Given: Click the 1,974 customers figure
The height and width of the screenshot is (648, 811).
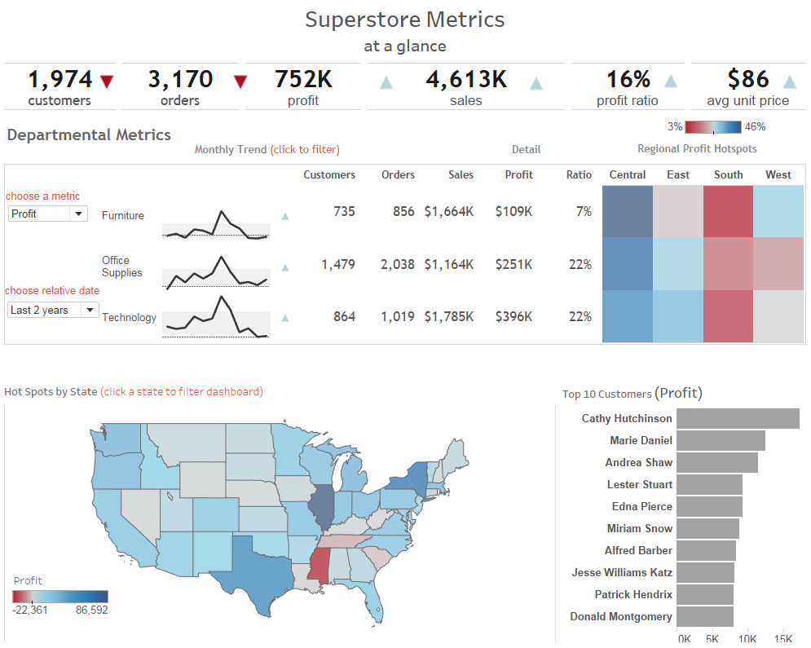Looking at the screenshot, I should (x=60, y=80).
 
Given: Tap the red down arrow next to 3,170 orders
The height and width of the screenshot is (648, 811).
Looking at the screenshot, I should (x=240, y=82).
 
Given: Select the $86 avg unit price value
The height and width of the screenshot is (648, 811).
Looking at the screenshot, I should (x=748, y=80).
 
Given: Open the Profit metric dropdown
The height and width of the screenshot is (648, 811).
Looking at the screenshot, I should (x=47, y=214).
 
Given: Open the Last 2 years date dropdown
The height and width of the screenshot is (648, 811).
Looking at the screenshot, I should (x=53, y=310).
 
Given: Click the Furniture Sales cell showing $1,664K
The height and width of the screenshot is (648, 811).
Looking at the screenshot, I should (x=448, y=212).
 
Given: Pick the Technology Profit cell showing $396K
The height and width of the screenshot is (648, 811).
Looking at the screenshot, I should (x=513, y=316).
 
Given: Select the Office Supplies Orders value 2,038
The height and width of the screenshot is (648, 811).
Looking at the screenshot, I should (x=398, y=264).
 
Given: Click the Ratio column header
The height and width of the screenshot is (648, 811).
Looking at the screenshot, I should (x=579, y=174).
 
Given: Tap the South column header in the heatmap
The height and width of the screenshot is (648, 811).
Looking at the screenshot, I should (x=728, y=174).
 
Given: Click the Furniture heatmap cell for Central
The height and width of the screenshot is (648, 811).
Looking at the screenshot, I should (x=628, y=212).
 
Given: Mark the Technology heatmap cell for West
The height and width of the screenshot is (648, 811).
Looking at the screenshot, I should (x=778, y=316).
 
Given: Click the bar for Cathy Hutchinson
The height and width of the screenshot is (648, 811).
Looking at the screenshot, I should (x=738, y=418).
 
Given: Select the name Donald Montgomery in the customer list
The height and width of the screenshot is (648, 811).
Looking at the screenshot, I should (x=621, y=616).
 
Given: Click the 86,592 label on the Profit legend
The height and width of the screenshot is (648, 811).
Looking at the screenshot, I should (x=92, y=610).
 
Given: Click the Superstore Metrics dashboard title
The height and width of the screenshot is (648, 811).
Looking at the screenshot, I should (x=405, y=20).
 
